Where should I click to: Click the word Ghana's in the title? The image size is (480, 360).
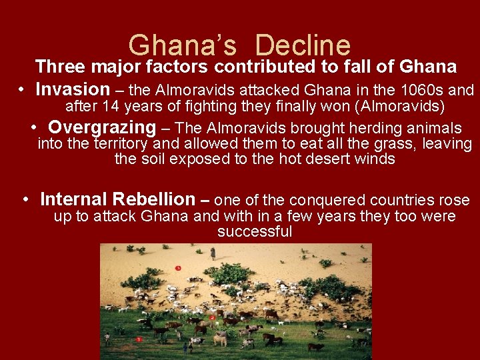tap(182, 45)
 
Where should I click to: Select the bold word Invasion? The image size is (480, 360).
tap(72, 89)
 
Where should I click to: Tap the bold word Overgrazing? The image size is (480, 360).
tap(102, 127)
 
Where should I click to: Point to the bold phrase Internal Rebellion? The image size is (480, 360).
tap(117, 199)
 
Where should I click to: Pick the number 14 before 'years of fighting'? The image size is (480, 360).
tap(111, 106)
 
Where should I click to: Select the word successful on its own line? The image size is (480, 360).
tap(254, 232)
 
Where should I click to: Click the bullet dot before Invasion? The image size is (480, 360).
tap(22, 90)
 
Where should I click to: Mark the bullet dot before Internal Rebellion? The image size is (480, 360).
tap(25, 199)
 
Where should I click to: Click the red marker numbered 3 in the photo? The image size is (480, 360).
tap(178, 268)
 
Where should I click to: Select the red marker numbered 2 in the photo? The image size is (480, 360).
tap(212, 317)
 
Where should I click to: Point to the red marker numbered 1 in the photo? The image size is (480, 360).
tap(139, 339)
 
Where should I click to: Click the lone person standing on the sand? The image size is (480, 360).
tap(213, 253)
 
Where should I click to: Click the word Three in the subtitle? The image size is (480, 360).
tap(61, 67)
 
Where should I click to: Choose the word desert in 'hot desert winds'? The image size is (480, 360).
tap(320, 159)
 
